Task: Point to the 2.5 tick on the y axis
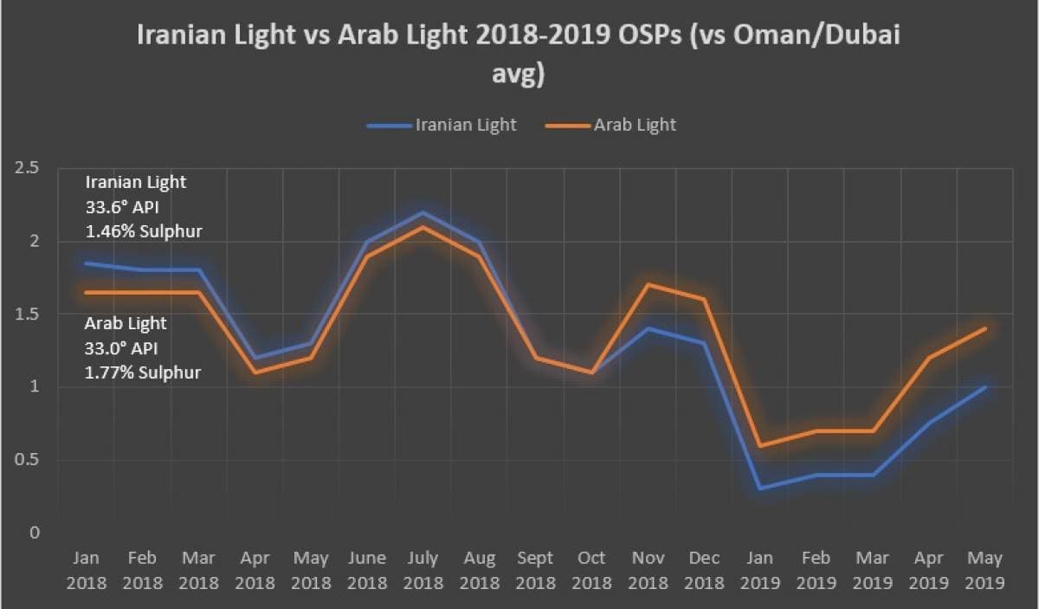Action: point(27,168)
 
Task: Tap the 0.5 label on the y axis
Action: point(27,460)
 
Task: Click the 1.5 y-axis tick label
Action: point(27,314)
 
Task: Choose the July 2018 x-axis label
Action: point(423,570)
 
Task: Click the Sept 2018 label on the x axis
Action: point(536,570)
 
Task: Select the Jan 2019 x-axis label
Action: point(761,570)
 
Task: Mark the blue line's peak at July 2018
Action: point(423,212)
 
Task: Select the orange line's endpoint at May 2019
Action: point(985,328)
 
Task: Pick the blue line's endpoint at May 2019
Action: point(985,386)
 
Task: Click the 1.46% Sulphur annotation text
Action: point(143,231)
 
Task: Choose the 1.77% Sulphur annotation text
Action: point(143,373)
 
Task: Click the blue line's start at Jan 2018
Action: point(86,263)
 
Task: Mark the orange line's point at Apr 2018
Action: point(255,373)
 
